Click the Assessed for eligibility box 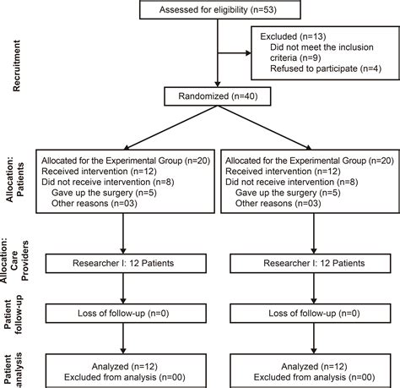220,9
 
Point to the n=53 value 264,9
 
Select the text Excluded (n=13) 293,36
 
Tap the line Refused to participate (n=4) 326,68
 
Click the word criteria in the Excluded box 284,57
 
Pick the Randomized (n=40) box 218,96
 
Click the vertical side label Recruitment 17,66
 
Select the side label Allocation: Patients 15,179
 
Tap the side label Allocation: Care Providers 14,260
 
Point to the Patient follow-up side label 13,314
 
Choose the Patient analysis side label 13,370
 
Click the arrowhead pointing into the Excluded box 248,53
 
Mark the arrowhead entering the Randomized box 218,84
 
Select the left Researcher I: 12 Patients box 126,264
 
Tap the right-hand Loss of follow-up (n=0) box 311,314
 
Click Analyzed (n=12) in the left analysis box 125,366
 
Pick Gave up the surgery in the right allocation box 276,193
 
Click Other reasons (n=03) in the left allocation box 95,204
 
